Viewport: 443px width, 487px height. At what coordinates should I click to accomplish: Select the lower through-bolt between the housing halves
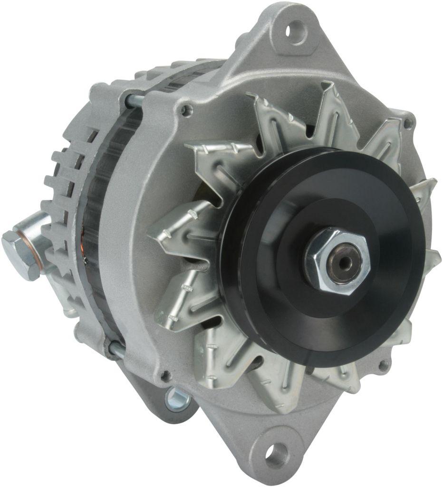116,350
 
